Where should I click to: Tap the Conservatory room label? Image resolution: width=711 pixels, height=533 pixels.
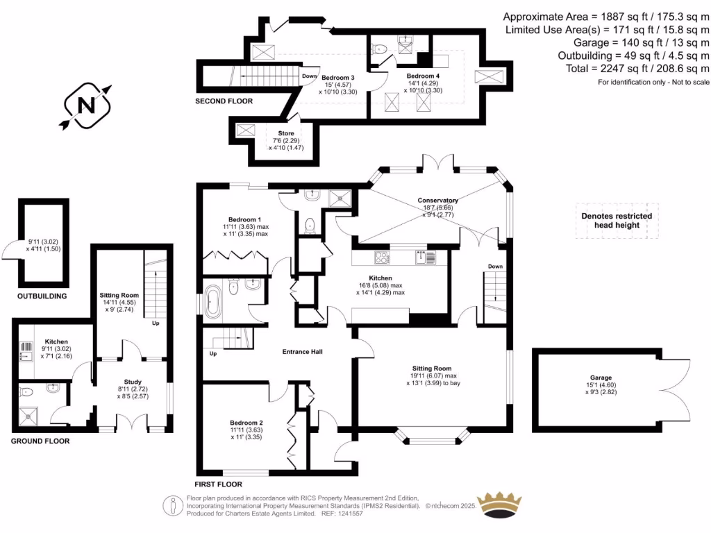point(438,201)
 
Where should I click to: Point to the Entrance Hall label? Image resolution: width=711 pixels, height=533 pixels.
point(302,352)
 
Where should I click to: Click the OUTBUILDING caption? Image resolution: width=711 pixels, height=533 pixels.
point(42,296)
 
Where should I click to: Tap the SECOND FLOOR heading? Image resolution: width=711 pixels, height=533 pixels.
point(224,101)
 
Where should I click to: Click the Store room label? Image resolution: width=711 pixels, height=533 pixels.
point(286,133)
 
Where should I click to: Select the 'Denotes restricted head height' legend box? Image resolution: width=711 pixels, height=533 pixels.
point(617,221)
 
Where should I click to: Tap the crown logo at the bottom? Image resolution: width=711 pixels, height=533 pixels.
point(501,505)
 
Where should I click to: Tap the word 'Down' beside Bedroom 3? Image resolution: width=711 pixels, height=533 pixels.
point(310,76)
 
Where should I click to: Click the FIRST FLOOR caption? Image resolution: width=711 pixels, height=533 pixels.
point(218,484)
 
